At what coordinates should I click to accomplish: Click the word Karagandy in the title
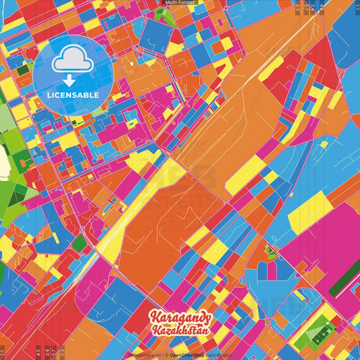click(180, 317)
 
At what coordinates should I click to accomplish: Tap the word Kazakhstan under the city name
click(180, 331)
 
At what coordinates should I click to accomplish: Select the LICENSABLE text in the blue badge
click(73, 95)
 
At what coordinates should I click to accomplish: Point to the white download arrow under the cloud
click(72, 79)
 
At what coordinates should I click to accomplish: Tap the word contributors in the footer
click(220, 355)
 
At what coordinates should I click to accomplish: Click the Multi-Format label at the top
click(180, 3)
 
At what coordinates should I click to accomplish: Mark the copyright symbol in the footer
click(165, 355)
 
